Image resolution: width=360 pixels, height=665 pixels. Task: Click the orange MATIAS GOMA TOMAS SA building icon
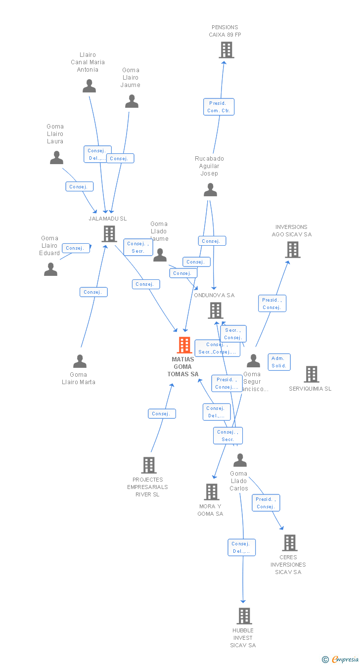click(184, 345)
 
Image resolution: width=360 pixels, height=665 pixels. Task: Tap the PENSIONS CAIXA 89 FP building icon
click(226, 50)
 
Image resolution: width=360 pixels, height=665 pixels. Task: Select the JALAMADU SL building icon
click(109, 234)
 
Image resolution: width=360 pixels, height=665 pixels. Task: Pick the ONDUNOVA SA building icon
click(215, 310)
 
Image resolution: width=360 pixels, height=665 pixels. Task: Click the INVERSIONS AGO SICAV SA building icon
click(292, 250)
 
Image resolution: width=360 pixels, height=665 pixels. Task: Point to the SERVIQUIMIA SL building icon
click(311, 374)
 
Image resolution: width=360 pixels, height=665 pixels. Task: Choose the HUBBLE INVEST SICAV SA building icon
click(244, 616)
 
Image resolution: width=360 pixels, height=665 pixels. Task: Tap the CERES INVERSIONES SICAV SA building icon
click(289, 543)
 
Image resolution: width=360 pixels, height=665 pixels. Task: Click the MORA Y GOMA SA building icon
click(212, 492)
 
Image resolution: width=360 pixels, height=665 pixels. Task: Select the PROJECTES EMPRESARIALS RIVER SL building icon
click(148, 465)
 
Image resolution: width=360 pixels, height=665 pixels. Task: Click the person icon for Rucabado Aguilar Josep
click(210, 190)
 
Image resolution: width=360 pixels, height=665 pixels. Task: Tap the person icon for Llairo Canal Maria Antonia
click(89, 86)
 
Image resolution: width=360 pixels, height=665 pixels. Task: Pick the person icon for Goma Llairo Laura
click(56, 158)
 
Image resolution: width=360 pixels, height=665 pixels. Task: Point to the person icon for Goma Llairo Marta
click(80, 361)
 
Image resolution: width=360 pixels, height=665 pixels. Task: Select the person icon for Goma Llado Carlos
click(240, 460)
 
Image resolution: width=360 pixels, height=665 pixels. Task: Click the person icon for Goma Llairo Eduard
click(51, 269)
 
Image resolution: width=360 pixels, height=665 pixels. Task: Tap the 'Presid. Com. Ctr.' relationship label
click(219, 107)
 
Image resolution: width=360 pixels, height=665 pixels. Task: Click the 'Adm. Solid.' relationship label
click(279, 362)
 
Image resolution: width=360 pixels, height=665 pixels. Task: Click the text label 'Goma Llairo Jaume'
click(131, 78)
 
